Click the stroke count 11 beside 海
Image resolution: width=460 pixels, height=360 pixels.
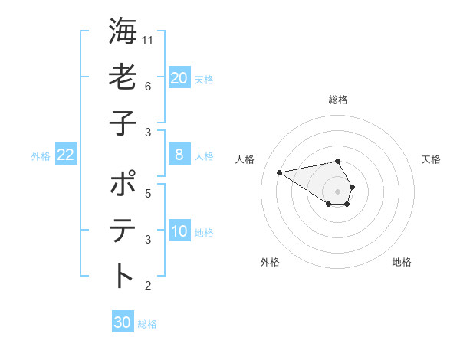tap(148, 40)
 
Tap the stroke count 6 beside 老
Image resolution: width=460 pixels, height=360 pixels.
tap(147, 86)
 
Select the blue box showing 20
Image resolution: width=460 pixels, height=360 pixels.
tap(179, 77)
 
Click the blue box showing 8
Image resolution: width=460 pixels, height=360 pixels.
tap(179, 155)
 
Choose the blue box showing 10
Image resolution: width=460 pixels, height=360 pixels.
tap(179, 231)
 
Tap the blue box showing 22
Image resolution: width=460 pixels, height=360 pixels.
tap(65, 155)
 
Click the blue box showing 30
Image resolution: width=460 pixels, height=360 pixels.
tap(123, 322)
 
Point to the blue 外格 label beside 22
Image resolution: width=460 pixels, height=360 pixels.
tap(41, 156)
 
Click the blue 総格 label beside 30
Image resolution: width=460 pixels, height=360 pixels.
tap(147, 324)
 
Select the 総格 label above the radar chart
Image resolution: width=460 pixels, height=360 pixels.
tap(337, 100)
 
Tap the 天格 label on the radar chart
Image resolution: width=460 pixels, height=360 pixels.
tap(431, 159)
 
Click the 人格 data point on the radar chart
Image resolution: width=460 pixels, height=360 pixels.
tap(279, 172)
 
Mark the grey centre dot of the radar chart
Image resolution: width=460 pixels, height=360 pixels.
tap(337, 191)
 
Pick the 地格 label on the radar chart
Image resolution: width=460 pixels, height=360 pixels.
tap(402, 262)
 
